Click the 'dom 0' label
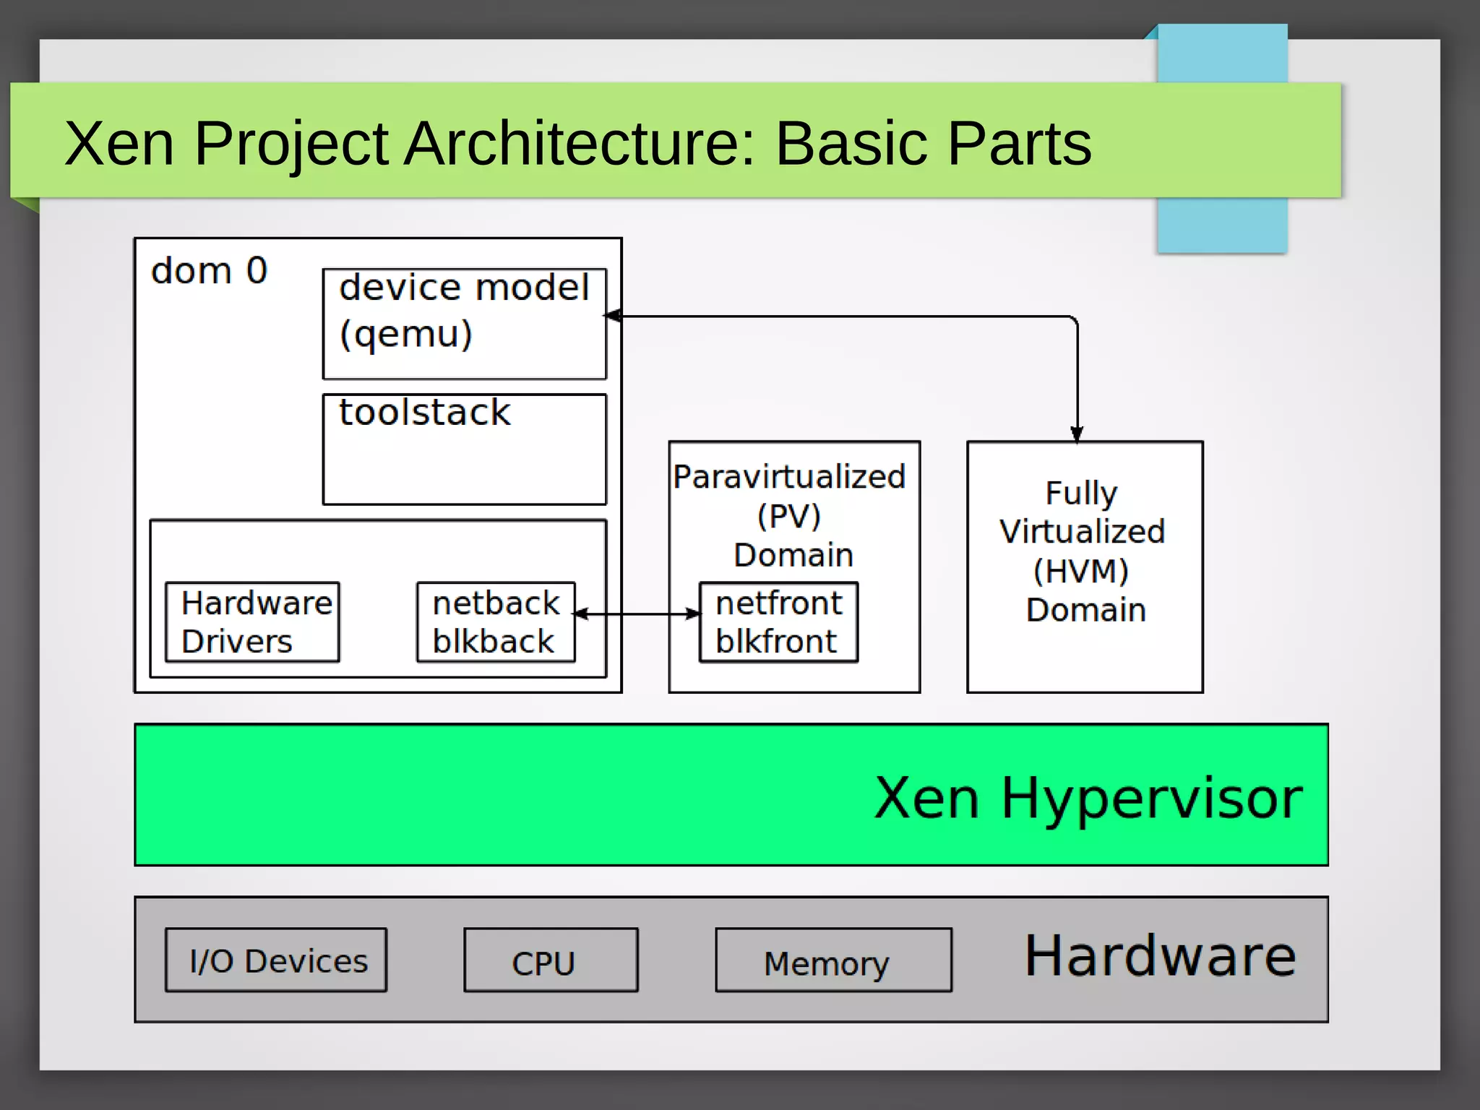click(209, 271)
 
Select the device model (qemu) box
click(464, 323)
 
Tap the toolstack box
click(464, 449)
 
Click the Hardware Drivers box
click(252, 622)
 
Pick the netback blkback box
click(496, 622)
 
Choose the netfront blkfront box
click(778, 622)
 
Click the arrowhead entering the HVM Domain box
click(1077, 434)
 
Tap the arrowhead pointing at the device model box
click(614, 316)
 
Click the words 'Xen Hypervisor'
click(1088, 798)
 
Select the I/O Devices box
click(276, 960)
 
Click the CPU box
click(551, 960)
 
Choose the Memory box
click(833, 960)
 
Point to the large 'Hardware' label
click(1160, 956)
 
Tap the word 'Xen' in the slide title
click(119, 143)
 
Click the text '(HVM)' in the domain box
click(1081, 571)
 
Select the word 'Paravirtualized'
click(789, 477)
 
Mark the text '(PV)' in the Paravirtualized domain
click(789, 516)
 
